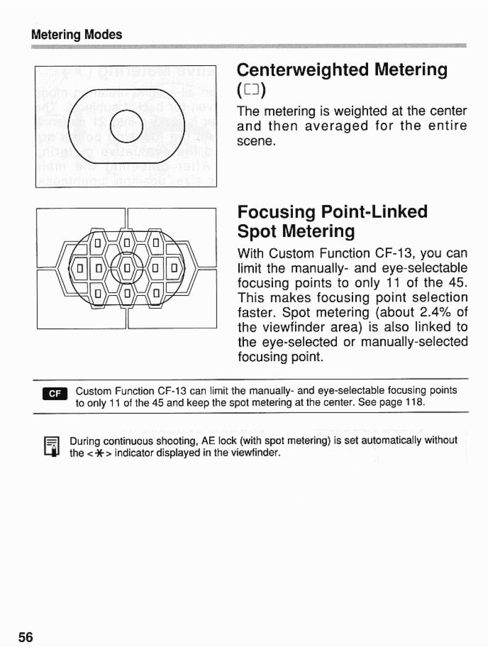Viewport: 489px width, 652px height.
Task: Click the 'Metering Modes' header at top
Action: (77, 35)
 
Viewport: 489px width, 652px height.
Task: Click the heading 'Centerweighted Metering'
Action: (342, 70)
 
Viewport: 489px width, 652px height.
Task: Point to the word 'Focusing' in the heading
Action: (276, 212)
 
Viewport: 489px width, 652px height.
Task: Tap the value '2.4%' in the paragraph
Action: (434, 312)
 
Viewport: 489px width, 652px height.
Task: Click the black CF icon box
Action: (55, 393)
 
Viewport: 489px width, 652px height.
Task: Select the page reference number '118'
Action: (415, 402)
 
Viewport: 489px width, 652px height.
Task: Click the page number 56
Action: (26, 637)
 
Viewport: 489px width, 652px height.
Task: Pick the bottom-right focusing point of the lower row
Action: (156, 292)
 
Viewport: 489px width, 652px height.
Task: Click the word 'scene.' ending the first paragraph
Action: (256, 141)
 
